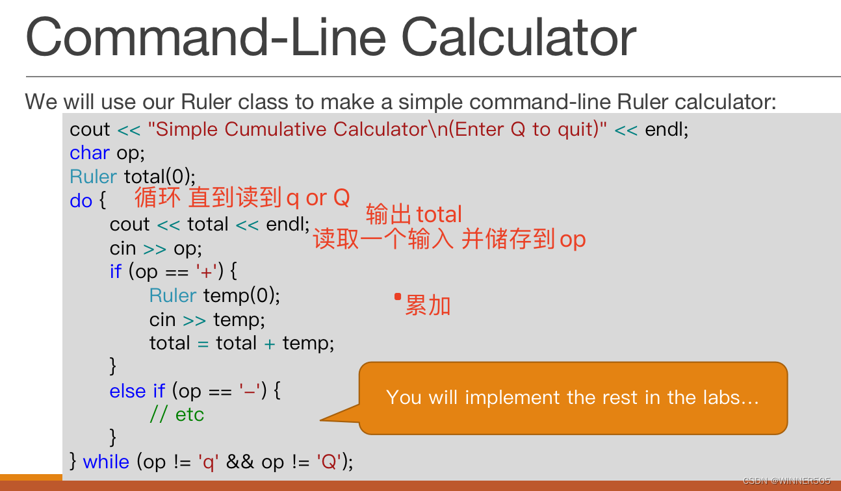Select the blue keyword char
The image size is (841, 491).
click(90, 153)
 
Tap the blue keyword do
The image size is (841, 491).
click(81, 201)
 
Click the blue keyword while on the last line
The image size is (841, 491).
click(107, 462)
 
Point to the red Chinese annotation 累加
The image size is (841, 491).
click(428, 305)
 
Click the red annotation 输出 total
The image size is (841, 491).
click(414, 214)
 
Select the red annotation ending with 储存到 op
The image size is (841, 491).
click(449, 240)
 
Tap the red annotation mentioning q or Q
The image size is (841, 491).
click(242, 197)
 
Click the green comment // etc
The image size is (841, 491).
click(177, 414)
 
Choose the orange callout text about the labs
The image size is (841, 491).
click(572, 397)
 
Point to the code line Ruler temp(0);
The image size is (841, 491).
click(214, 296)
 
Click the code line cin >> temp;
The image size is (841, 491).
click(207, 320)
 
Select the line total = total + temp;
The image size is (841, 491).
click(241, 343)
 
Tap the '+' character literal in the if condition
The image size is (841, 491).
click(209, 271)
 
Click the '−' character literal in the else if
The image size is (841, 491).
click(250, 391)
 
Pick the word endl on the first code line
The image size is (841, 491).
click(666, 129)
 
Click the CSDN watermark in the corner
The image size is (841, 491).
click(786, 481)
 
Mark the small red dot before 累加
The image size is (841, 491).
click(398, 297)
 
